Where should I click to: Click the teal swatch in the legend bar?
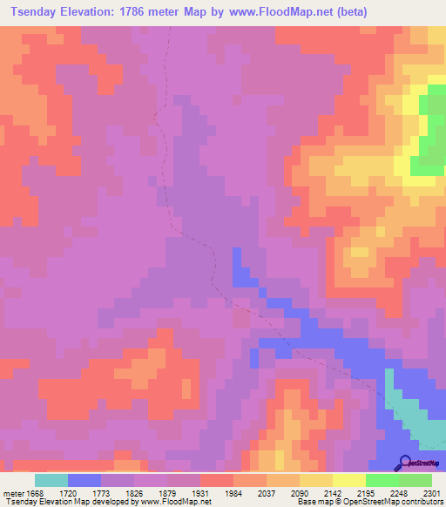51,480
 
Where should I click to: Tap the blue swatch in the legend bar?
84,480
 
